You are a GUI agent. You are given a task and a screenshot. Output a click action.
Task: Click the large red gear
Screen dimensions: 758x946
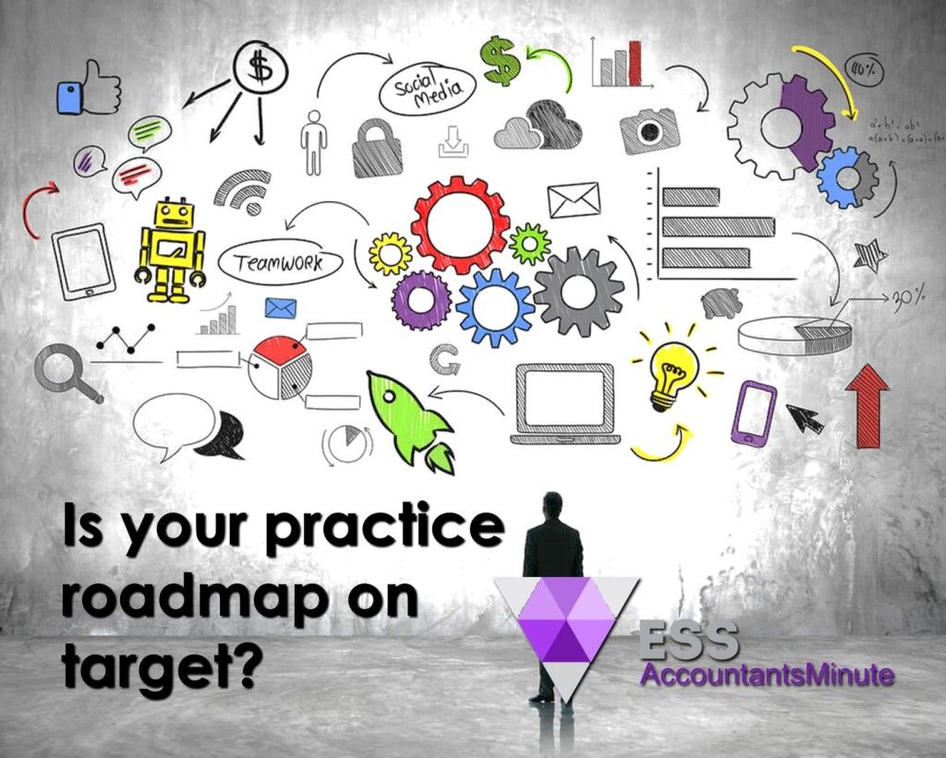(x=459, y=223)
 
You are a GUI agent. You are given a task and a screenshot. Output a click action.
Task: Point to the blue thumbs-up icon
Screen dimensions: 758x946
(x=89, y=89)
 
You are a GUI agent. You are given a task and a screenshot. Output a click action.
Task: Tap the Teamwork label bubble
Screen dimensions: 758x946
(x=279, y=263)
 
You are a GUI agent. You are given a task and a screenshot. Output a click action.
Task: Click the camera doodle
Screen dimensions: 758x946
(x=649, y=129)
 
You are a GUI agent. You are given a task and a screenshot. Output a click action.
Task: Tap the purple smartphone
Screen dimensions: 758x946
(x=754, y=413)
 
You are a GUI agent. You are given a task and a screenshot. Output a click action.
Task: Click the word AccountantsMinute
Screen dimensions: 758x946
(x=767, y=675)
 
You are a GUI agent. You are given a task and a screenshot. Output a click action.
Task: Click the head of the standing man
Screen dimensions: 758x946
(x=552, y=504)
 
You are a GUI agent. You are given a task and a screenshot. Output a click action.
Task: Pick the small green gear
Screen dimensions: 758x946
(x=530, y=242)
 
